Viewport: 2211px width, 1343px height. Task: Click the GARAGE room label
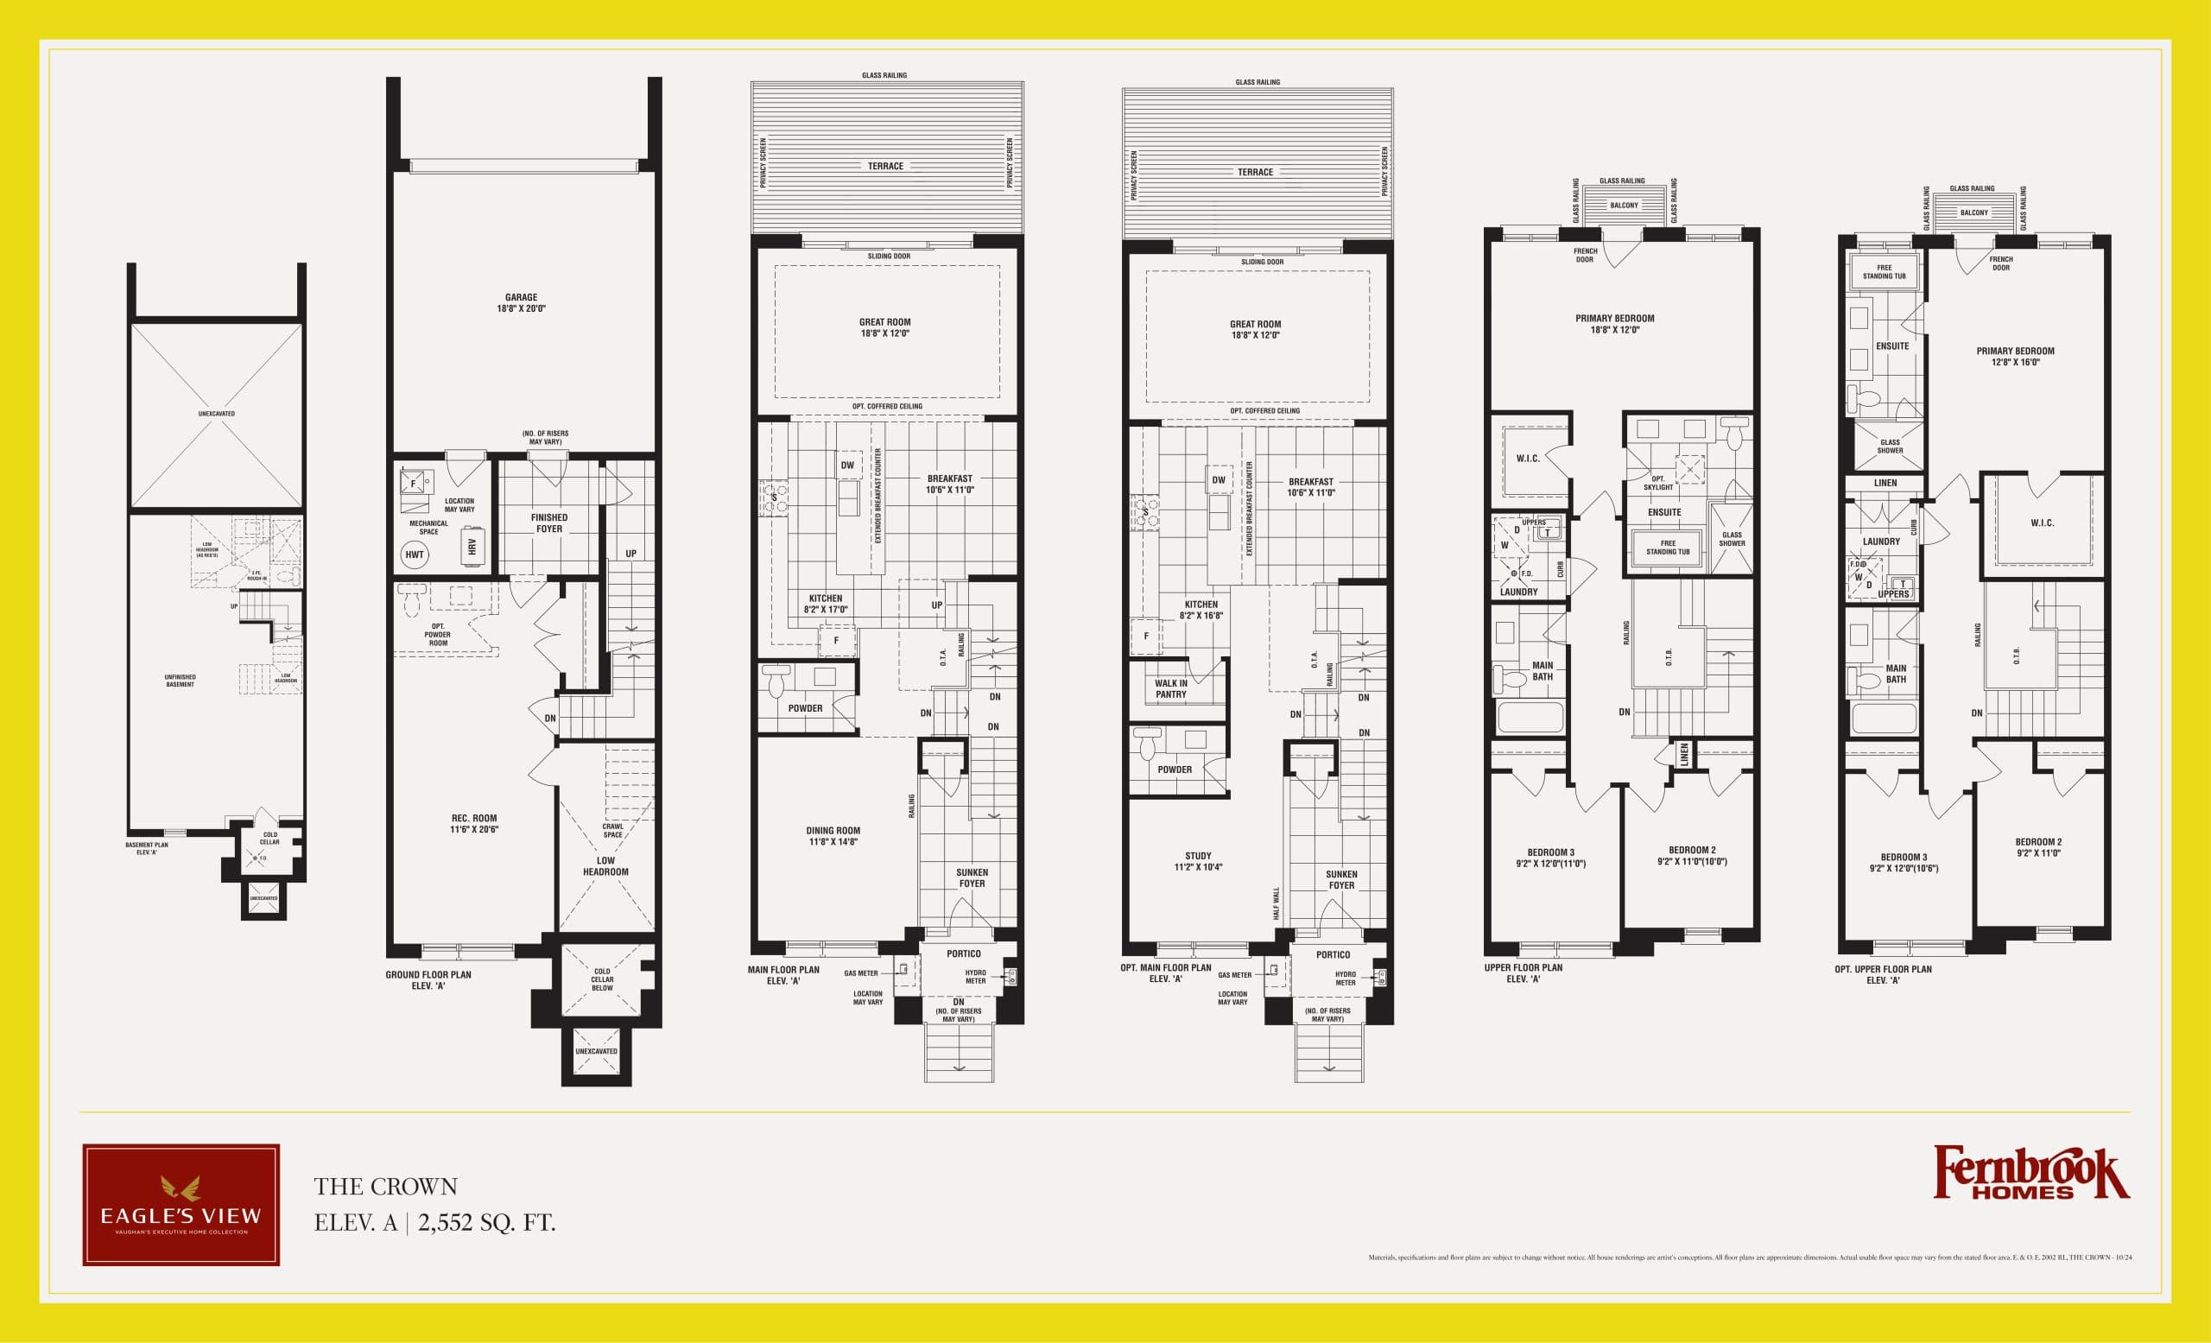point(522,302)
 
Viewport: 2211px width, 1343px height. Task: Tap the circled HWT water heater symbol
point(415,554)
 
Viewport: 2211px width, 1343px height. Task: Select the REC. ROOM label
point(474,824)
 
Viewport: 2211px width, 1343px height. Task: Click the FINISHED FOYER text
point(549,523)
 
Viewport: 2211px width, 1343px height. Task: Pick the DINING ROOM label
point(833,836)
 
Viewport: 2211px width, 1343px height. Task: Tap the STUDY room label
point(1198,861)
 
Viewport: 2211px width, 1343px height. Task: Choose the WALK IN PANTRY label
point(1171,689)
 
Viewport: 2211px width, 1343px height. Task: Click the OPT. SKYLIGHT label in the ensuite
point(1658,483)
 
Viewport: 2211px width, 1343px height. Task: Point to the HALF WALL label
point(1277,903)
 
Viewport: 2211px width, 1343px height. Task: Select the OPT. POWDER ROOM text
point(438,634)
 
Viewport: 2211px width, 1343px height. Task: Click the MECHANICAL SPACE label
point(429,528)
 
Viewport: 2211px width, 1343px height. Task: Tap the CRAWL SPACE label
point(613,831)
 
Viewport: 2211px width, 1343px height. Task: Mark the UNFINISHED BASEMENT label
point(181,681)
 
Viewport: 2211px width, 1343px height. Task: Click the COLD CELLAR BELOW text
point(602,979)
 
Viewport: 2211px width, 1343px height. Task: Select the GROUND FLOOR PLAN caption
point(428,979)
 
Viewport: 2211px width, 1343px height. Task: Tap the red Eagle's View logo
point(181,1205)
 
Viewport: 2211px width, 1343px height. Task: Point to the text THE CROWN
point(386,1186)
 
